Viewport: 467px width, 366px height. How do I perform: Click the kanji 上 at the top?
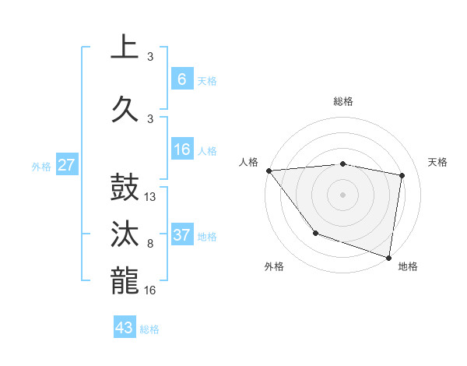[125, 48]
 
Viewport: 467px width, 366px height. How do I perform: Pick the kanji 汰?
[125, 234]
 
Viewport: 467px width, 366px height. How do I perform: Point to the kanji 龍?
[125, 280]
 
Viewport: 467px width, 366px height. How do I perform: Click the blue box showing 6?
[181, 79]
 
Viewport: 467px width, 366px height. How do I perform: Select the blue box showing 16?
[181, 150]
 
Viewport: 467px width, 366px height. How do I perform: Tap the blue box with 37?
[181, 235]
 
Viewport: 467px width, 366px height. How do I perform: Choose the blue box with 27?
[67, 165]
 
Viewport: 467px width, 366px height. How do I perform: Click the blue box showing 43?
[125, 328]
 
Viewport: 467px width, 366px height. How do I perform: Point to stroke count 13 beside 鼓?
[151, 197]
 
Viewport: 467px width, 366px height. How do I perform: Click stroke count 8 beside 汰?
[150, 244]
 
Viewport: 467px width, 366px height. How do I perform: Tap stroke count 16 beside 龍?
[151, 290]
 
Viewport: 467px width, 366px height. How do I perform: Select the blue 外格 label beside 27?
[40, 166]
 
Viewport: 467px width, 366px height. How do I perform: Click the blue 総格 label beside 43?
[149, 329]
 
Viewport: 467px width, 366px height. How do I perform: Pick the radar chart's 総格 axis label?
[343, 101]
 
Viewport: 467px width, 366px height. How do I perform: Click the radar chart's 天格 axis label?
[438, 162]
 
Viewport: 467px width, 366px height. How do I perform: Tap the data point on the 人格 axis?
[269, 171]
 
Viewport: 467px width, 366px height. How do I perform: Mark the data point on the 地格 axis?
[388, 257]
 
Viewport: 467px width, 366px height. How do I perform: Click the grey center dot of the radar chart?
[343, 194]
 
